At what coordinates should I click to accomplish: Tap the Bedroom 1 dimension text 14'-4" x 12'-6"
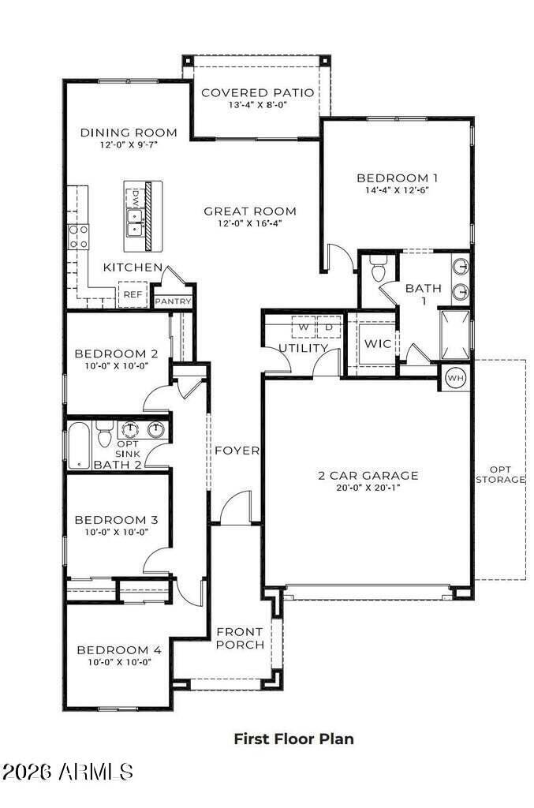click(397, 190)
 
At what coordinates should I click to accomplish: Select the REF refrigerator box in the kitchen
click(132, 294)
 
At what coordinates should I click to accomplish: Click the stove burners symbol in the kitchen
click(79, 236)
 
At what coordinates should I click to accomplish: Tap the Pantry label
click(174, 301)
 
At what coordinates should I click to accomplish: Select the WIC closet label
click(376, 344)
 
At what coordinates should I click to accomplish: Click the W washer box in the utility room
click(303, 326)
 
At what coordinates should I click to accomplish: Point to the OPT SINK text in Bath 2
click(128, 450)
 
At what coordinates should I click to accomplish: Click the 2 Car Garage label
click(368, 475)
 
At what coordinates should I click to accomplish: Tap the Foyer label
click(237, 451)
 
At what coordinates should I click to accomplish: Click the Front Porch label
click(240, 638)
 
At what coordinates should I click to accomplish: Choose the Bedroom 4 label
click(119, 650)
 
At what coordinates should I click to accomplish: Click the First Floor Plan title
click(293, 739)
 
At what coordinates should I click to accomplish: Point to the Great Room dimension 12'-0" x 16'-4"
click(249, 223)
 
